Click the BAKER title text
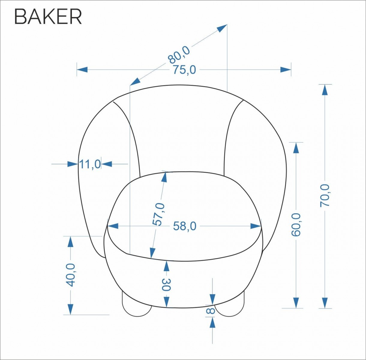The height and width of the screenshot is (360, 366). coord(48,17)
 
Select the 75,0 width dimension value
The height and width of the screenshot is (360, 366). coord(184,70)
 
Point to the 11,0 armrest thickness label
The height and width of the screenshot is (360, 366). coord(90,164)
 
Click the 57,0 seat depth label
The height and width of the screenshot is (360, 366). coord(158,214)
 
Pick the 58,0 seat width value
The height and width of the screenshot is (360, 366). coord(184,226)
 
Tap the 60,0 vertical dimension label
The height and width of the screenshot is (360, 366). coord(296,224)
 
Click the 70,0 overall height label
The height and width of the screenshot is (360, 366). coord(325,196)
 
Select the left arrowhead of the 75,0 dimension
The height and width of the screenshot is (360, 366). coord(82,70)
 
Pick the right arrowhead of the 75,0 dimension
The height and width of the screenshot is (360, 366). coord(286,70)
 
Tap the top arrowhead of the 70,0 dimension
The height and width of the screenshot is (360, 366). coord(325,90)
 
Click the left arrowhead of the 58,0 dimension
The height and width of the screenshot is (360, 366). coord(113,226)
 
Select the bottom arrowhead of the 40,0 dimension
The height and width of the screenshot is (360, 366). coord(70,309)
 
